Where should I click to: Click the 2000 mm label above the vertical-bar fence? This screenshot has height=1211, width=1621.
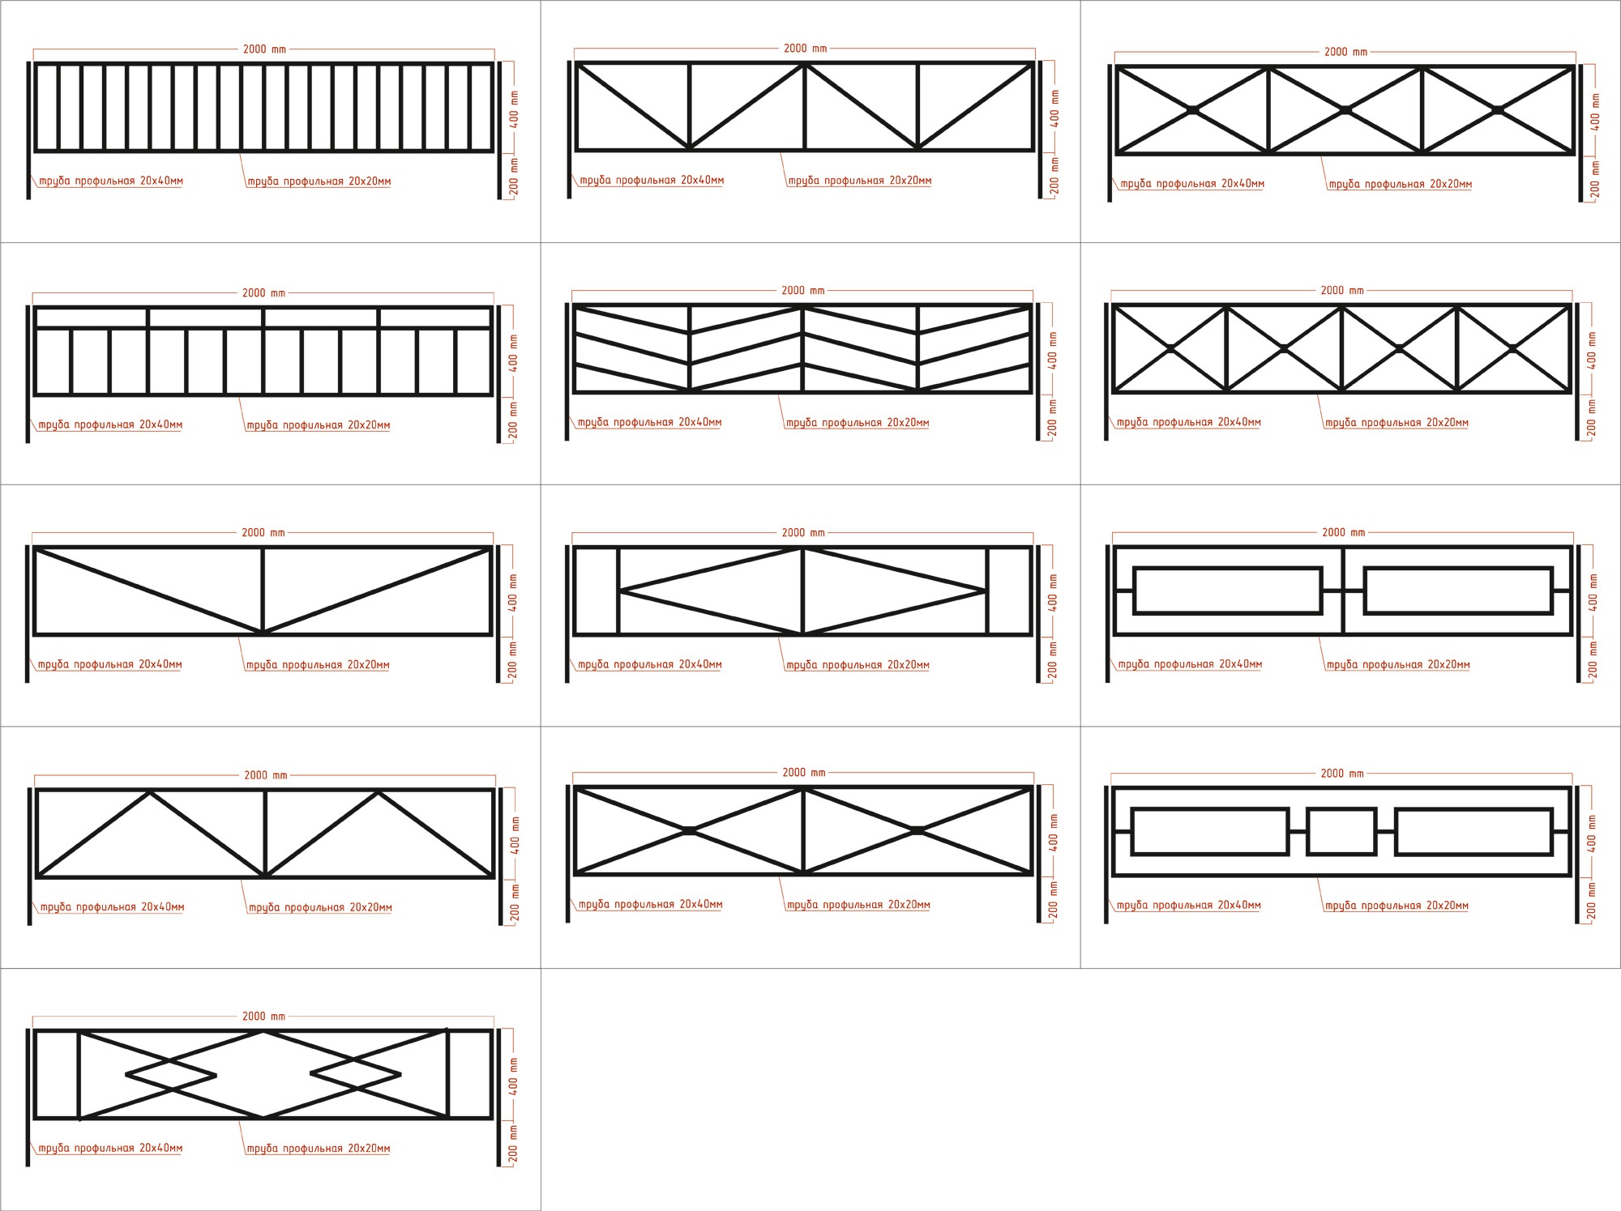(x=264, y=49)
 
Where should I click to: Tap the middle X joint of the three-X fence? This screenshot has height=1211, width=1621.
(x=1345, y=110)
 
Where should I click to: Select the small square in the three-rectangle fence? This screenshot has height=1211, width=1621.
(x=1341, y=831)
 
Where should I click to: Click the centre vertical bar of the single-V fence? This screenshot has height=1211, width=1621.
(x=263, y=591)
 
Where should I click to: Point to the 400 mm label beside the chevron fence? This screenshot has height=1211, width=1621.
(x=1053, y=350)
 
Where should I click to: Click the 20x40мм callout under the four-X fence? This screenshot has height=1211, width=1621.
(x=1188, y=422)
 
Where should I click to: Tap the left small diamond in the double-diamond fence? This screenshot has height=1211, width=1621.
(x=171, y=1076)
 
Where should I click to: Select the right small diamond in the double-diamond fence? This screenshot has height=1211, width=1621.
(x=356, y=1075)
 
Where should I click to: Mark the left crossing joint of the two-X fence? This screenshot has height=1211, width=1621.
(x=689, y=830)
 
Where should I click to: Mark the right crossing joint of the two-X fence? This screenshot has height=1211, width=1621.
(x=917, y=830)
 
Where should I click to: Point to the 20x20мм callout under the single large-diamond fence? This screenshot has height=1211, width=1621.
(x=858, y=665)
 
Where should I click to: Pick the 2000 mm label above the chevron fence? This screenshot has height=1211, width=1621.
(x=803, y=291)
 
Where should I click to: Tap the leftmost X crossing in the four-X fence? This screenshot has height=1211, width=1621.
(x=1170, y=348)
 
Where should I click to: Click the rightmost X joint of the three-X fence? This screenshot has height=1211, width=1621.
(x=1498, y=110)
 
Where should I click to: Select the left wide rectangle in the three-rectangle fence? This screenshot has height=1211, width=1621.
(x=1210, y=831)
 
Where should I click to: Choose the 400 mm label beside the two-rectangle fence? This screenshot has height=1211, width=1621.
(x=1593, y=592)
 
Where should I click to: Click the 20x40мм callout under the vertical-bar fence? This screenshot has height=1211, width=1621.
(x=111, y=181)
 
